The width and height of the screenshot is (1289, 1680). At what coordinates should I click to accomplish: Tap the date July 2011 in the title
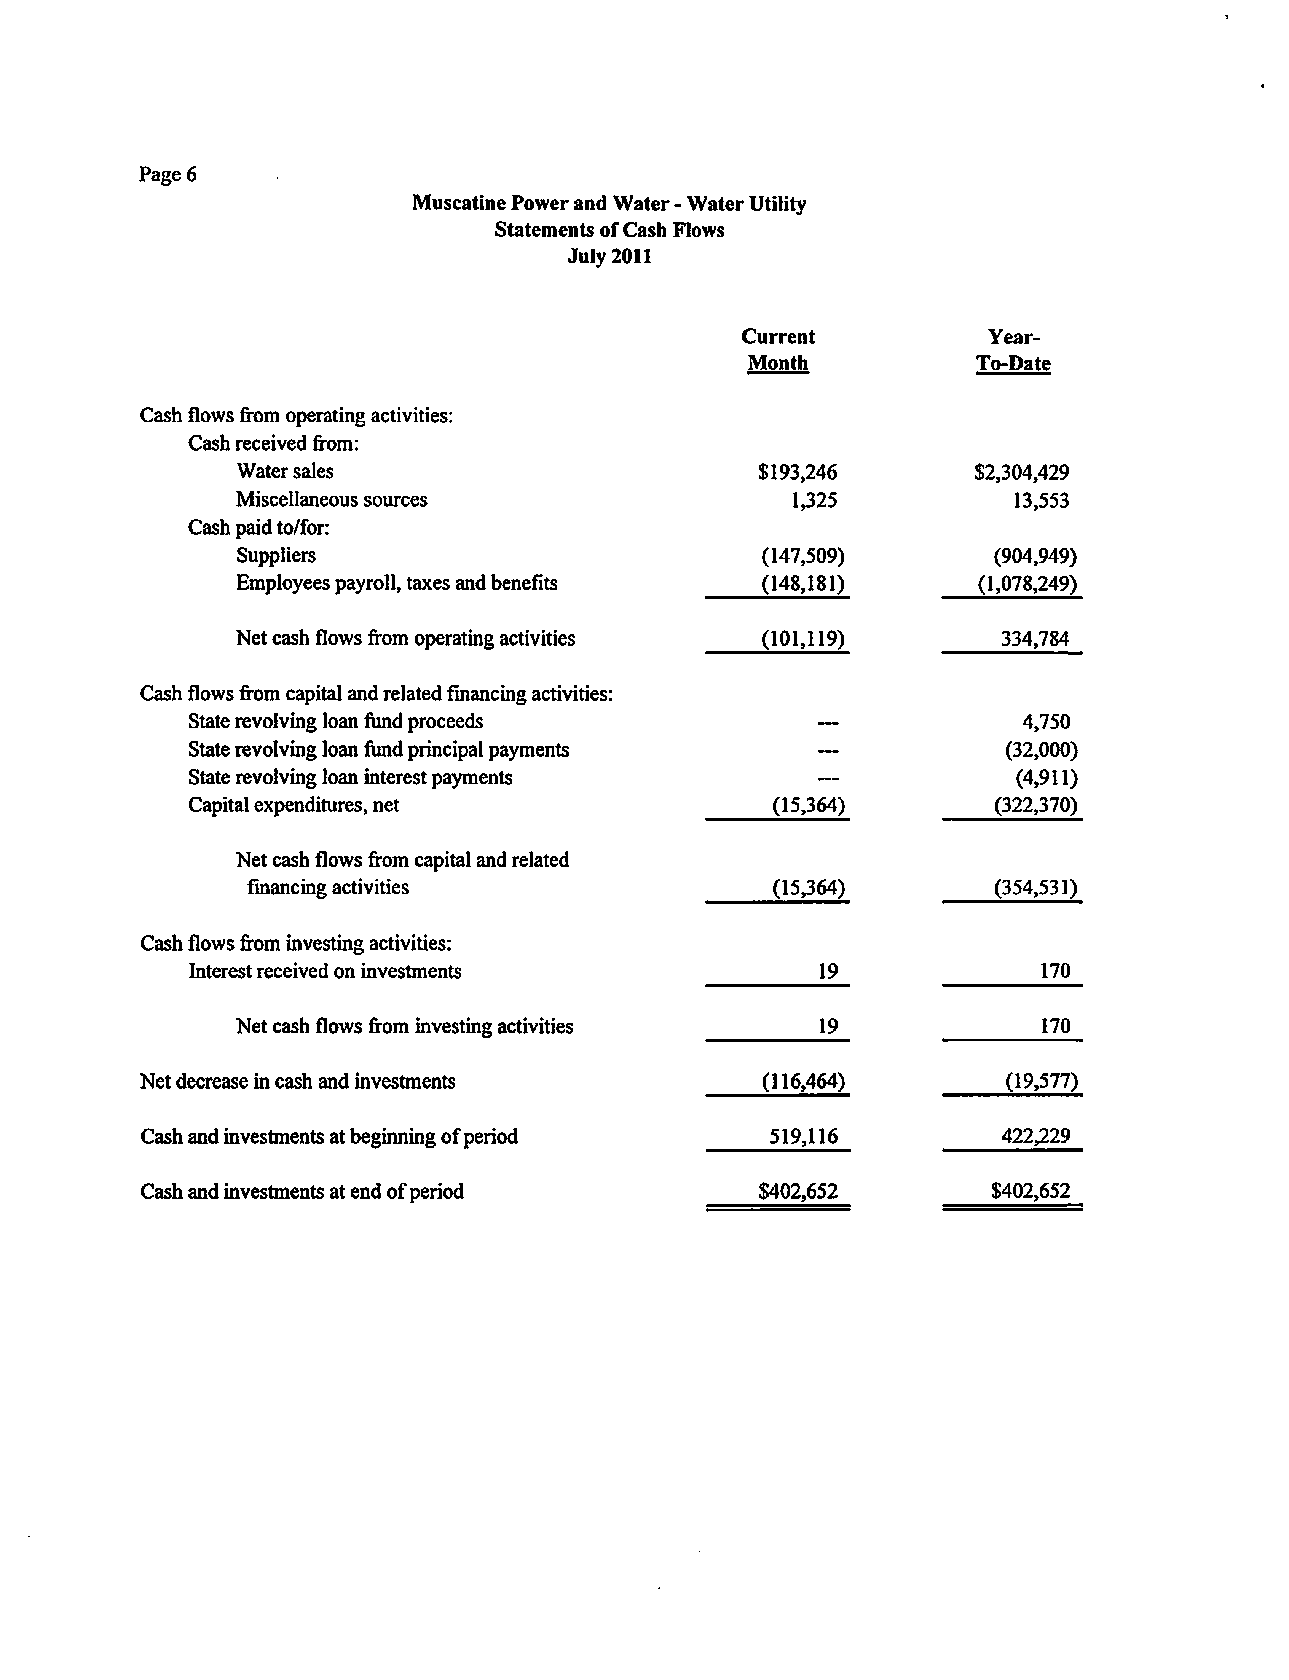click(609, 256)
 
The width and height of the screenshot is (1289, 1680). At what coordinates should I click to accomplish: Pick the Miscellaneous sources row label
click(332, 499)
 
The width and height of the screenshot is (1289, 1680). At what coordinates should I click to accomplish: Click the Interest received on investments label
click(325, 971)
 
